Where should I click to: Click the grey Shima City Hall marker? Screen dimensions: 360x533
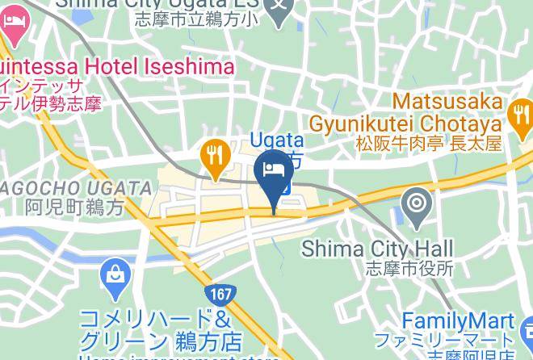coord(417,203)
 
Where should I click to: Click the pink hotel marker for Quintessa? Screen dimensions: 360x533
coord(14,24)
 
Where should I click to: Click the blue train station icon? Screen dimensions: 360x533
coord(286,187)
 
